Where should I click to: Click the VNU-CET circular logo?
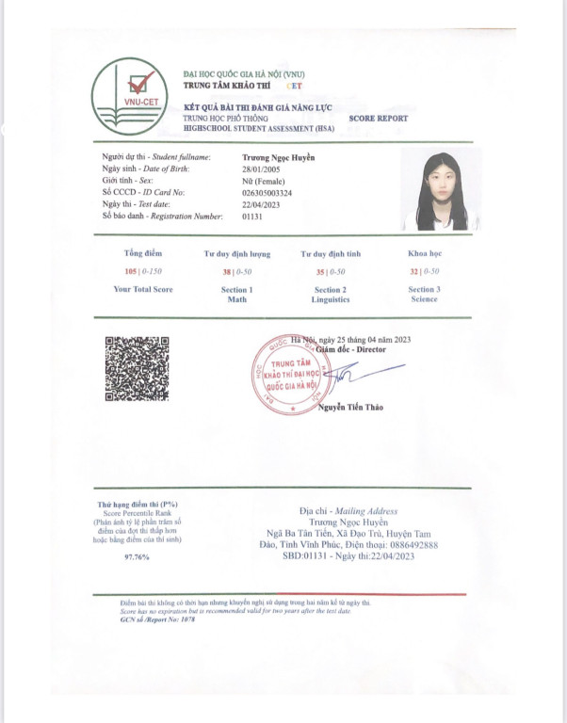click(x=131, y=95)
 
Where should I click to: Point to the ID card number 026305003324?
click(x=267, y=192)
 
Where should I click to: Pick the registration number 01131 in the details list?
click(x=251, y=217)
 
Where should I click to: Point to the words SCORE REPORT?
click(x=378, y=119)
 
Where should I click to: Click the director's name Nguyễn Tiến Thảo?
click(x=350, y=407)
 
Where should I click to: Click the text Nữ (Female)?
click(x=263, y=180)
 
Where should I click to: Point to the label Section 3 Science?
click(x=424, y=294)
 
